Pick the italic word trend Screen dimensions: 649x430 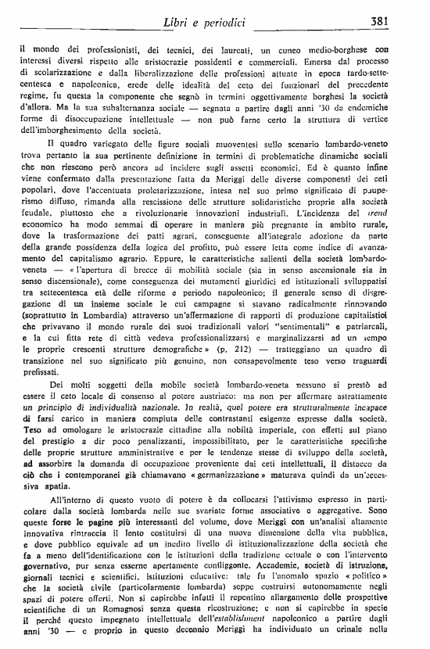(396, 213)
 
